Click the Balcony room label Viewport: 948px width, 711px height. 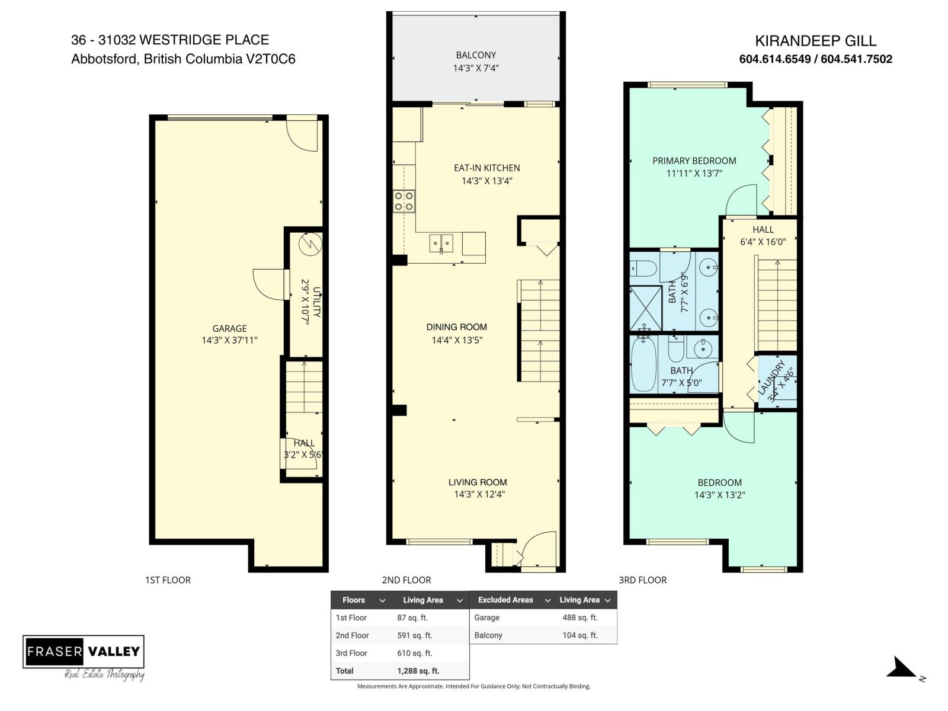[476, 55]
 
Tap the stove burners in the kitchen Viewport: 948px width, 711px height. [404, 201]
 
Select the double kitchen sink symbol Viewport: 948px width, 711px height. [441, 243]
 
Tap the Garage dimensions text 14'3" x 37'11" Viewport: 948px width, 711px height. [229, 340]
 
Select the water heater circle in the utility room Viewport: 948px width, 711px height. [310, 244]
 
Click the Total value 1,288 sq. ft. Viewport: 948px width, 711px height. [418, 671]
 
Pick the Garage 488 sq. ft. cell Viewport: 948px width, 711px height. [579, 617]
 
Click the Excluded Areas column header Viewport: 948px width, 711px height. [505, 600]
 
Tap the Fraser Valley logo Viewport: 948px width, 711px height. [84, 652]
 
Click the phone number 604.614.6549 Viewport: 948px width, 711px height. [775, 59]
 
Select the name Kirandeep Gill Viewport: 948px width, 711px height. [815, 41]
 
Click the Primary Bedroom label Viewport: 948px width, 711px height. [694, 161]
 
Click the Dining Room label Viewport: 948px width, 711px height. [456, 327]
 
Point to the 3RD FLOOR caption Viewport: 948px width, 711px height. [642, 580]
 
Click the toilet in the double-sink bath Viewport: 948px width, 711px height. [643, 269]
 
